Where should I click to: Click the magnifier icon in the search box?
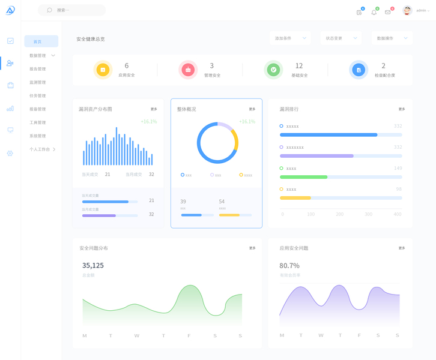[50, 10]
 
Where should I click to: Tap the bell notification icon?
[374, 12]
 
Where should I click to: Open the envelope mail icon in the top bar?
[388, 12]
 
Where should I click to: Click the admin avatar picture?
[407, 10]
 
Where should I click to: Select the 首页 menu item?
[38, 41]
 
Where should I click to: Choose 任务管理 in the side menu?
[38, 95]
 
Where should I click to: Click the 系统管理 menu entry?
[38, 136]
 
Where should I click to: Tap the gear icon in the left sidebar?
[10, 154]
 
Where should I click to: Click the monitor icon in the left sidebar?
[10, 130]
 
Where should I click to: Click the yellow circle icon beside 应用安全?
[103, 70]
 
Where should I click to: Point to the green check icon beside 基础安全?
[273, 70]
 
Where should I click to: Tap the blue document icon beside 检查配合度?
[359, 70]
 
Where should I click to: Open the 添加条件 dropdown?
[290, 38]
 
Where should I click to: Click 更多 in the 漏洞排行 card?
[402, 109]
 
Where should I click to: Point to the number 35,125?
[93, 265]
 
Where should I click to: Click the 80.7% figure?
[289, 265]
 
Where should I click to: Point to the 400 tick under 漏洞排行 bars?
[398, 214]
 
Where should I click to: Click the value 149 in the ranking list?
[398, 169]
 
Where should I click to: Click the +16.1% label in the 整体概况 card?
[247, 122]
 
